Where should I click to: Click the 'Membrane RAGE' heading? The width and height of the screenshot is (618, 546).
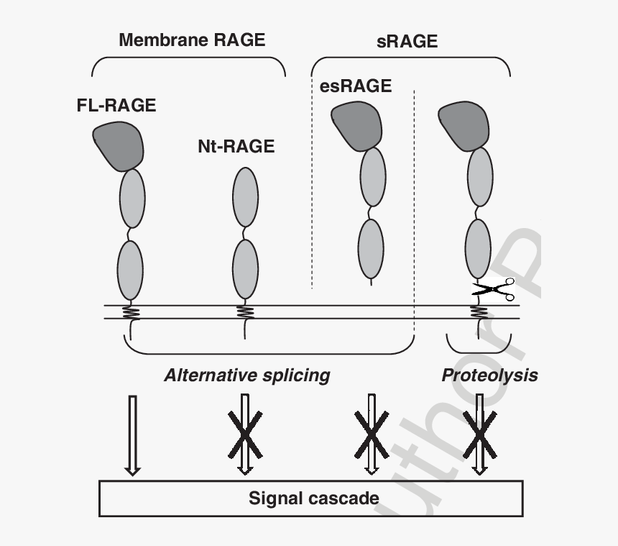192,40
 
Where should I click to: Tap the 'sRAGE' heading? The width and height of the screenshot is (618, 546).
407,42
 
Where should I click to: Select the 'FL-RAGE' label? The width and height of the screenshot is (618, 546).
116,105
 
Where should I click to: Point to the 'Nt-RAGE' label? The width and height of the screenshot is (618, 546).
236,147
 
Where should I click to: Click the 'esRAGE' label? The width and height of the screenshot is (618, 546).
356,86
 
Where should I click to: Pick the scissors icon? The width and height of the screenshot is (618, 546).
494,290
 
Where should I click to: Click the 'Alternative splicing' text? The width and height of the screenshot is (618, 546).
246,375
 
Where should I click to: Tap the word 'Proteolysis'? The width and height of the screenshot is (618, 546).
489,375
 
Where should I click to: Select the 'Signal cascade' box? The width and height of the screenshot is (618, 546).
310,498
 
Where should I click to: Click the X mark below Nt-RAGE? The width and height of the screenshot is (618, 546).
245,433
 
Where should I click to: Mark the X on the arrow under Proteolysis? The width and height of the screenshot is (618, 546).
479,433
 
